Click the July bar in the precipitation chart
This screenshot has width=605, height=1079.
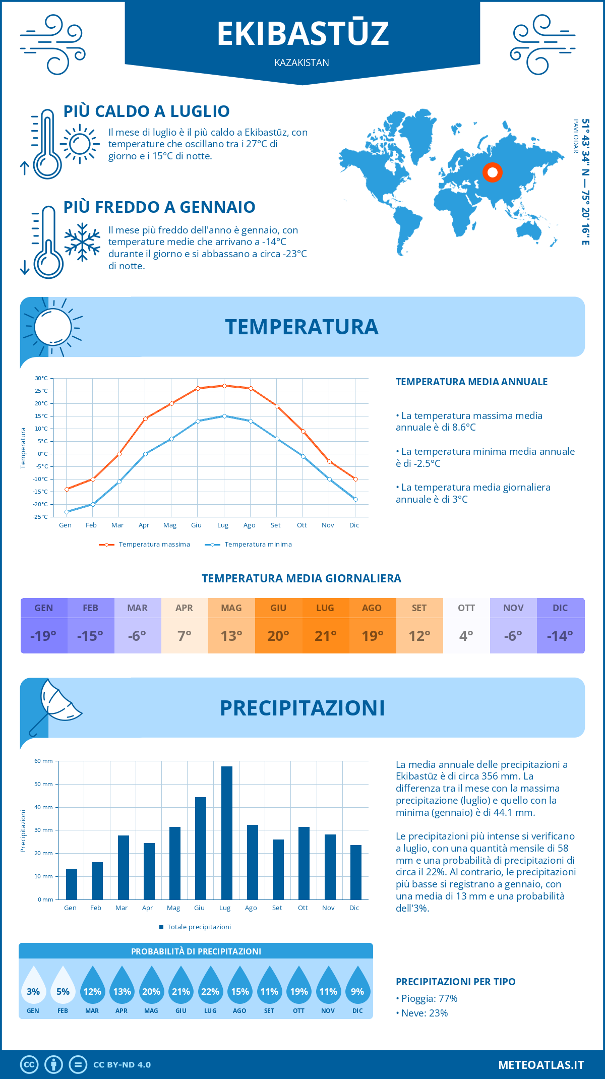226,833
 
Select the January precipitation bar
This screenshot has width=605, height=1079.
72,884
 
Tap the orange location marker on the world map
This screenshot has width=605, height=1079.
493,172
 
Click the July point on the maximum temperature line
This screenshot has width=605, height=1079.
224,386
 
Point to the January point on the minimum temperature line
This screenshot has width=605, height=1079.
67,512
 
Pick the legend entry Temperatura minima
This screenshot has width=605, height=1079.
249,545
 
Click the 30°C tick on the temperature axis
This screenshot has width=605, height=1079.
41,378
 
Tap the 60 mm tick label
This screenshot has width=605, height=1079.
43,761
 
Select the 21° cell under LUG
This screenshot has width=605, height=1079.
325,636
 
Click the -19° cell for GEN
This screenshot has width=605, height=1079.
43,636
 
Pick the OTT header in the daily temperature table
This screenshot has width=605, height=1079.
466,608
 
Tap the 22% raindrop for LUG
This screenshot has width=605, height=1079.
210,986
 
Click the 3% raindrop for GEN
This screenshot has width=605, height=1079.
33,986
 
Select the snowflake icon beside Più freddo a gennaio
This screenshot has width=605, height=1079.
82,242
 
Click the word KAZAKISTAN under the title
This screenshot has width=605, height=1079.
301,63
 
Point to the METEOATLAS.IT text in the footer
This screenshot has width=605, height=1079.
540,1064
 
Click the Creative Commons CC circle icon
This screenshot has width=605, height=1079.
29,1064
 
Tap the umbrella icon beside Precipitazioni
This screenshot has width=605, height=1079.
54,706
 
